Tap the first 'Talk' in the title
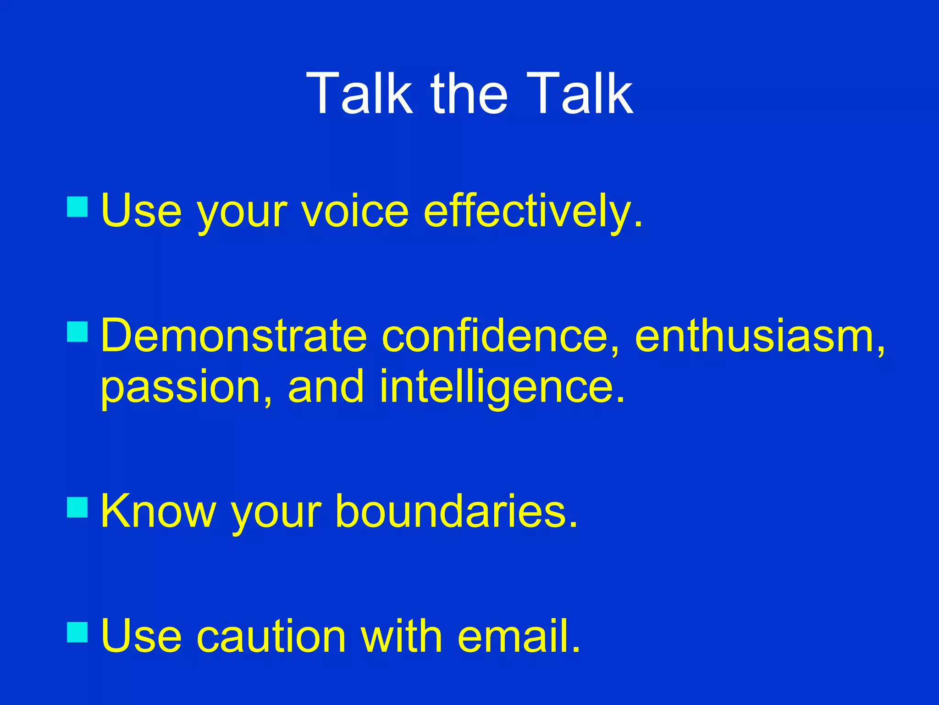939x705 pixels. click(360, 94)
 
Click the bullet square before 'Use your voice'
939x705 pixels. click(77, 207)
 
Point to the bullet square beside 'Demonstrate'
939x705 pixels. click(77, 332)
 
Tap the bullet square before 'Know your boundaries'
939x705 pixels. click(77, 508)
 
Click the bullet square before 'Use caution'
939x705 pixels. click(77, 632)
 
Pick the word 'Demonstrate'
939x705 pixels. click(234, 336)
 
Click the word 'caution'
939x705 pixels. click(271, 636)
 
